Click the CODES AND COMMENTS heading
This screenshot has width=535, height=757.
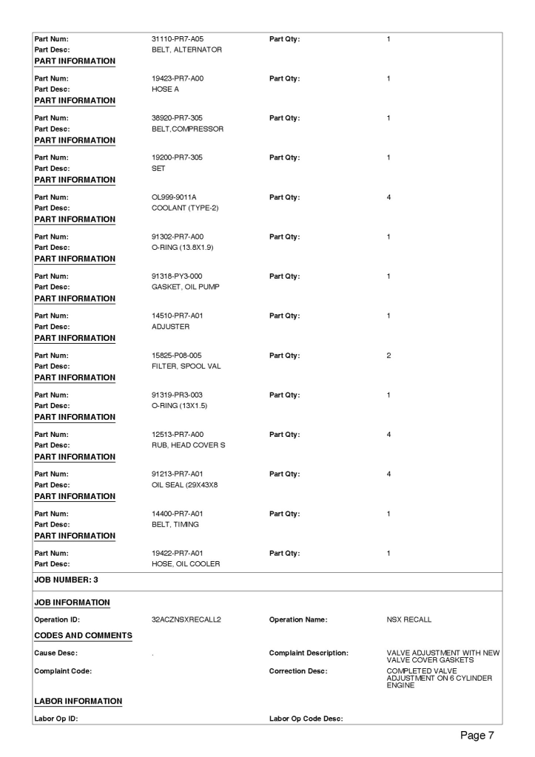pyautogui.click(x=79, y=634)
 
